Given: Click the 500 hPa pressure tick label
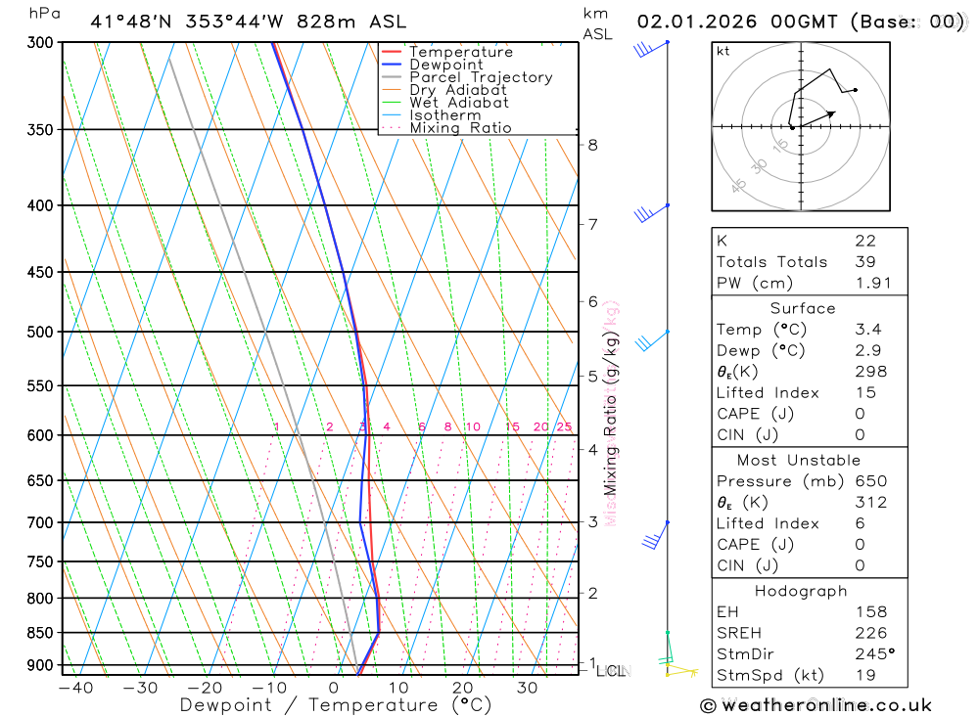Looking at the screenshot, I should pyautogui.click(x=41, y=332).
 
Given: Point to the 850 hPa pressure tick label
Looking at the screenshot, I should pyautogui.click(x=41, y=633).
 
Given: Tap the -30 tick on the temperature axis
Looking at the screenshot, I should pyautogui.click(x=140, y=688).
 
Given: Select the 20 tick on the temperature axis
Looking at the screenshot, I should pyautogui.click(x=462, y=688).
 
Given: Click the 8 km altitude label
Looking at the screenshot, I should pyautogui.click(x=592, y=146).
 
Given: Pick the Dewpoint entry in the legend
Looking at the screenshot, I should pyautogui.click(x=446, y=65).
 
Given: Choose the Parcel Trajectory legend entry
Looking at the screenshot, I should pyautogui.click(x=481, y=77).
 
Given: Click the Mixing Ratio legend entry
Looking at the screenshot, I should pyautogui.click(x=460, y=128).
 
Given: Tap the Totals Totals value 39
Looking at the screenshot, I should pyautogui.click(x=864, y=261).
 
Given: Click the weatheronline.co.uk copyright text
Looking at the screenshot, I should pyautogui.click(x=816, y=705).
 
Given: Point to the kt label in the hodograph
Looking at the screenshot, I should pyautogui.click(x=723, y=51).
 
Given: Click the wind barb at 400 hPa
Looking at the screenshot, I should pyautogui.click(x=647, y=211).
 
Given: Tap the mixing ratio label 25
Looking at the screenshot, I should pyautogui.click(x=564, y=426).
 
